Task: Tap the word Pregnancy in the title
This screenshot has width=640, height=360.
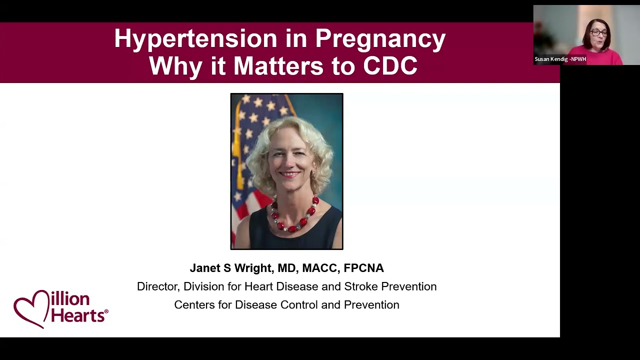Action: (380, 39)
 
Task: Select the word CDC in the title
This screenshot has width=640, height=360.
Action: (390, 66)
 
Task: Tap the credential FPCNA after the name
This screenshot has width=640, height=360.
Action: (363, 268)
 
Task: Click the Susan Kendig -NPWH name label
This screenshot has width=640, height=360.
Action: (560, 59)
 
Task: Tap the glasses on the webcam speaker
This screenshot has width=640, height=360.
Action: (598, 33)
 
